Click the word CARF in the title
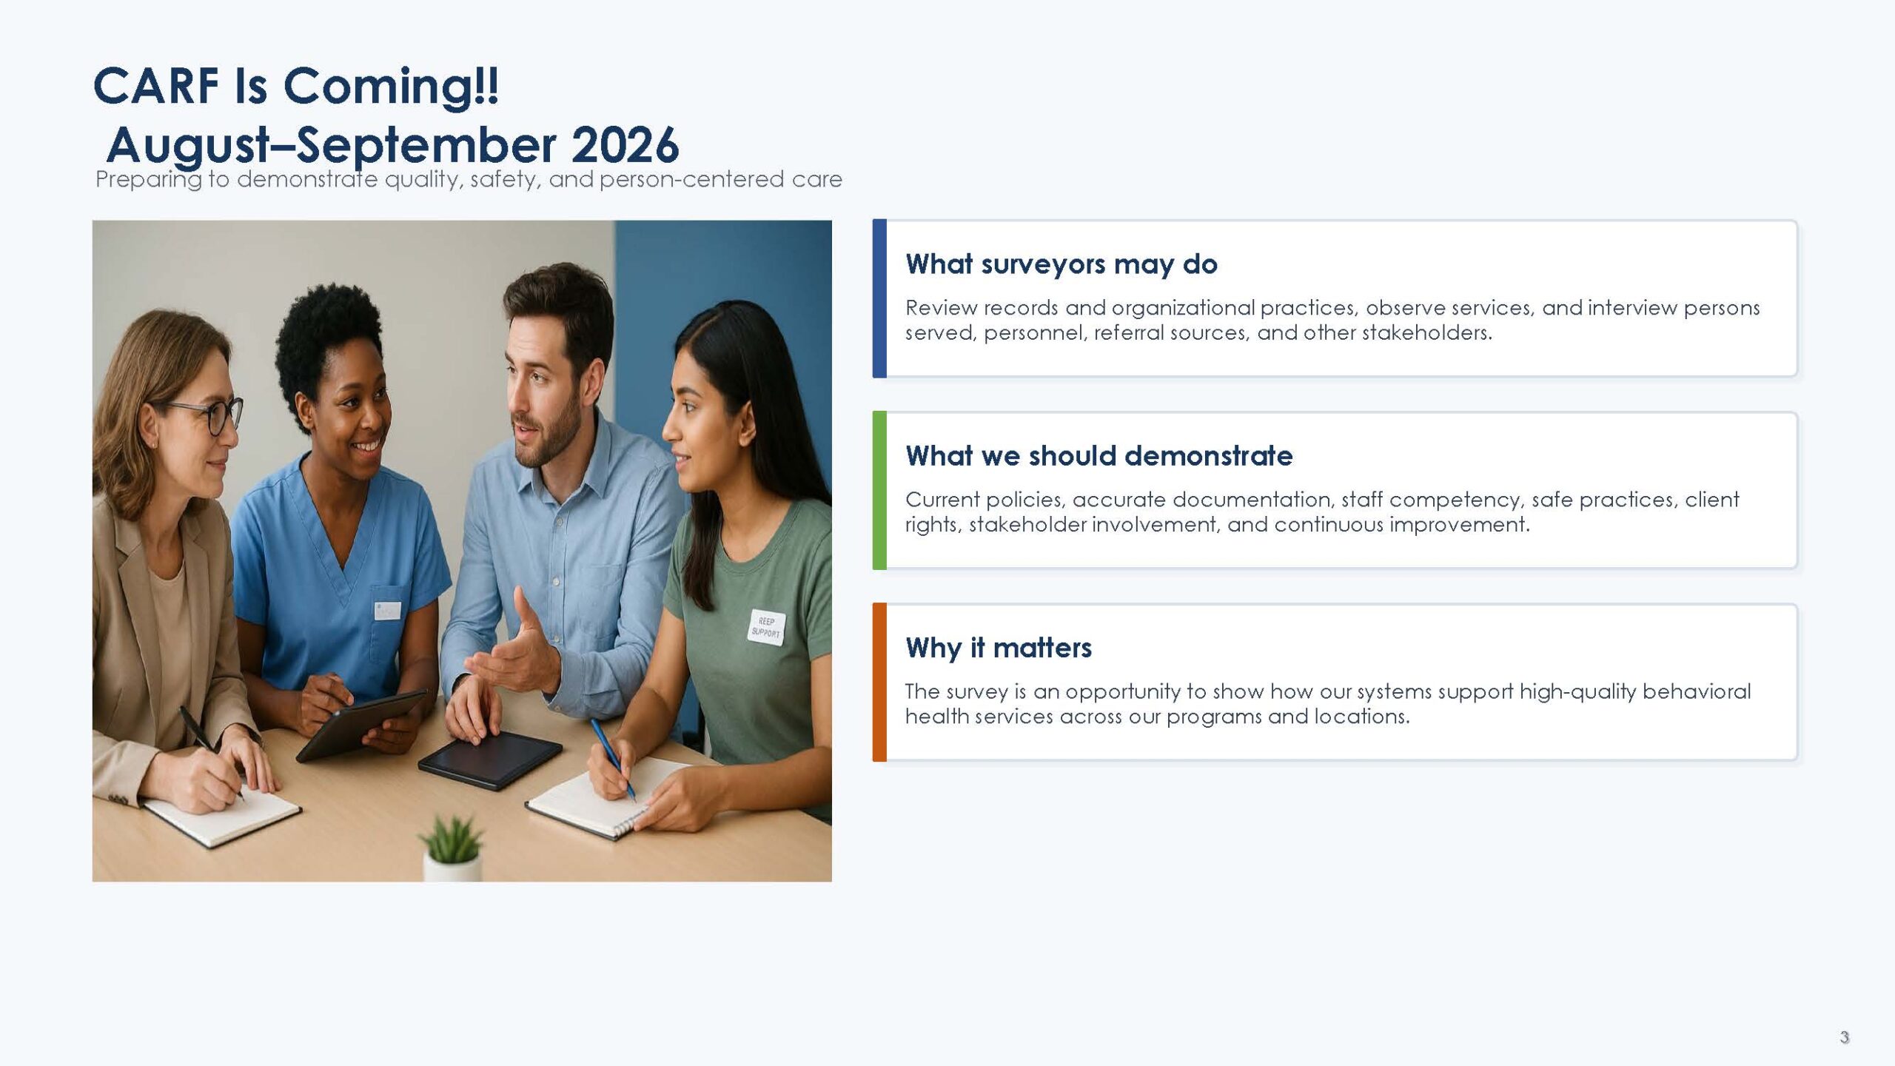coord(156,86)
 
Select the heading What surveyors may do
coord(1061,264)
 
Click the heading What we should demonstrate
coord(1099,456)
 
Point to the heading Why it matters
coord(998,648)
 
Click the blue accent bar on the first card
coord(879,298)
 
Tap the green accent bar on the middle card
coord(879,490)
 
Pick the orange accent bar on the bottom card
coord(879,682)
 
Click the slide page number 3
coord(1844,1037)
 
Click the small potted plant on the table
coord(452,848)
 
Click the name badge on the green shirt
coord(766,628)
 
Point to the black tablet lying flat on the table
coord(490,758)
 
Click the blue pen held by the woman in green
coord(613,759)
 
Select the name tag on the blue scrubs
coord(386,610)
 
